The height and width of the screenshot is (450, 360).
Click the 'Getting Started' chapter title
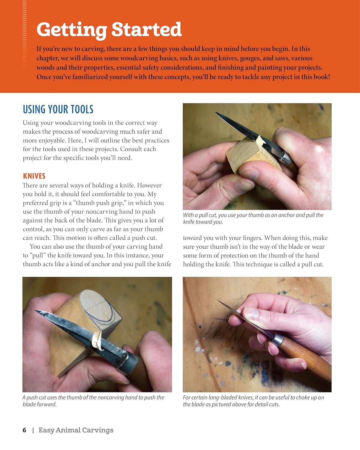[x=109, y=30]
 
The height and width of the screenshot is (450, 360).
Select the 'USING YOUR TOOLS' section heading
[x=58, y=109]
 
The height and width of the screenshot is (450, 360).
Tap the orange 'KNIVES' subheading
[x=34, y=176]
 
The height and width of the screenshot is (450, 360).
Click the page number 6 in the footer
[x=25, y=430]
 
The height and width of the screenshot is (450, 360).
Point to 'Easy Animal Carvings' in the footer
[x=76, y=430]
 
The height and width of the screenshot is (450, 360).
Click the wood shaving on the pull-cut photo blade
[x=261, y=140]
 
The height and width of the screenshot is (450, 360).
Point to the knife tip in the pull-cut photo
[x=215, y=112]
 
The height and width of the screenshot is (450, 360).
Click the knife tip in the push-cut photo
[x=36, y=311]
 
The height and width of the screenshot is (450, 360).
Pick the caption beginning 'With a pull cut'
[x=253, y=218]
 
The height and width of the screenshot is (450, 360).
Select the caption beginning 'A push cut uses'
[x=93, y=401]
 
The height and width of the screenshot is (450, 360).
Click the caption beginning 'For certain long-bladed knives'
[x=253, y=401]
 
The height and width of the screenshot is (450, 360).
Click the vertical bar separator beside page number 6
[x=33, y=430]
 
